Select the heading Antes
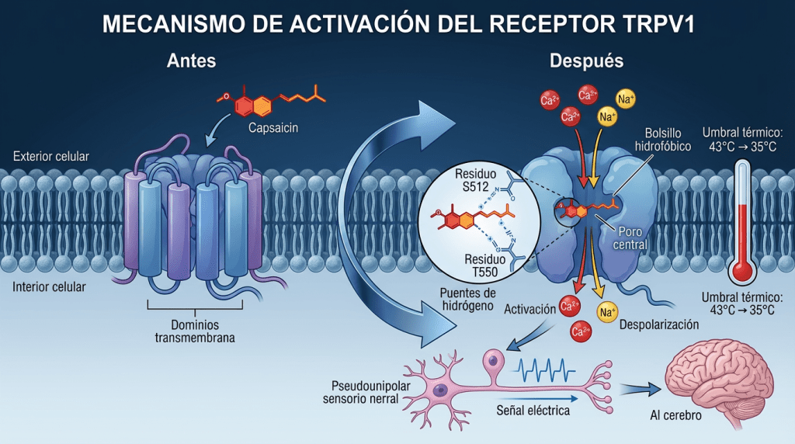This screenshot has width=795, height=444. coord(191,61)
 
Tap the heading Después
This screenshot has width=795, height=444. coord(575,61)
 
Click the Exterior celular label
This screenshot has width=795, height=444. coord(51,157)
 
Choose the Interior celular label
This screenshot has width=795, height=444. coord(50,287)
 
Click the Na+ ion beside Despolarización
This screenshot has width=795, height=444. coord(607,312)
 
